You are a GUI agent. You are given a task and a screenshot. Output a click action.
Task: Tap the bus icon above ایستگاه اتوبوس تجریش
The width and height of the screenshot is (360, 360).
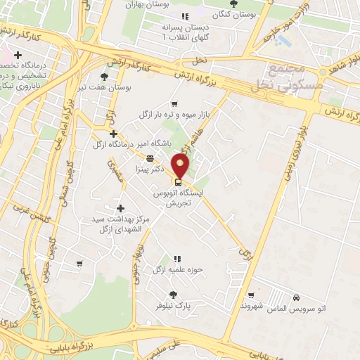(x=177, y=182)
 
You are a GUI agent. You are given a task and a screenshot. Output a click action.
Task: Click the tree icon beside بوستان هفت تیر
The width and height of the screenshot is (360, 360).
(x=105, y=77)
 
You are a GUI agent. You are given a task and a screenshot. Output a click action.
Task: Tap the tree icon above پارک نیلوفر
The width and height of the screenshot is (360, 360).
(x=173, y=295)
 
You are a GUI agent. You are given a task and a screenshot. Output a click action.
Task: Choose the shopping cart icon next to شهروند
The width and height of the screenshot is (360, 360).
(x=250, y=295)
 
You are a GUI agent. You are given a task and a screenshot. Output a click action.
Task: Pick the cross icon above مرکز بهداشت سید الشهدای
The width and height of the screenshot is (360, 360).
(x=121, y=208)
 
